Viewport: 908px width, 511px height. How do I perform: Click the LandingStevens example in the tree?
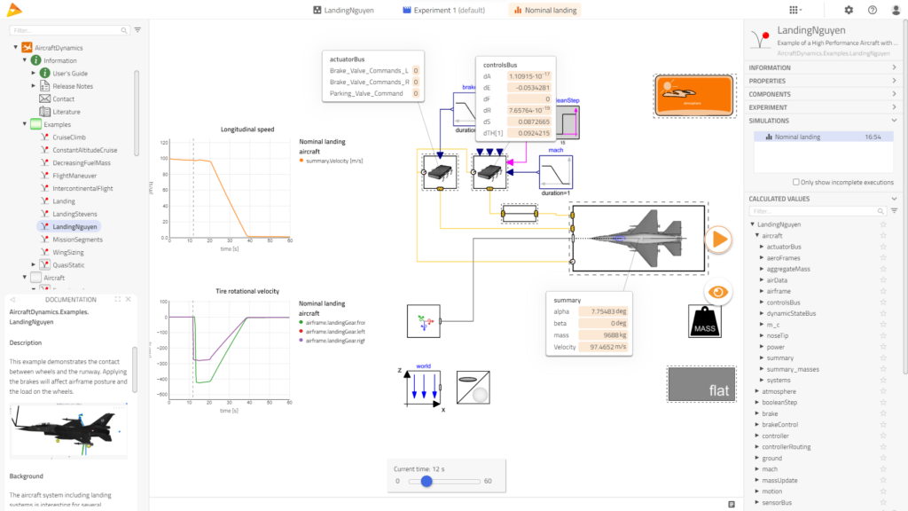pos(74,214)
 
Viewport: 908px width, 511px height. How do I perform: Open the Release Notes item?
pos(72,86)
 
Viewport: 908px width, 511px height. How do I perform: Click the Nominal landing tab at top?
pos(544,10)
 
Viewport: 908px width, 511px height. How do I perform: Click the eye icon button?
pos(718,291)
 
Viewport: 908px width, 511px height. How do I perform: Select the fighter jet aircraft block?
pos(638,237)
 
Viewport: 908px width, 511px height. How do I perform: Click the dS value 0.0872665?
pos(529,121)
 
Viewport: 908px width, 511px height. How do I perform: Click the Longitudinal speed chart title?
pos(247,130)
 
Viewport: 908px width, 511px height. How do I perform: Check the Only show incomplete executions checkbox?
pos(795,182)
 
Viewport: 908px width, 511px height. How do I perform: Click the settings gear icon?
pos(849,10)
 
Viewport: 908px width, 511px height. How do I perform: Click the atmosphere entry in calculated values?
pos(779,390)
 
